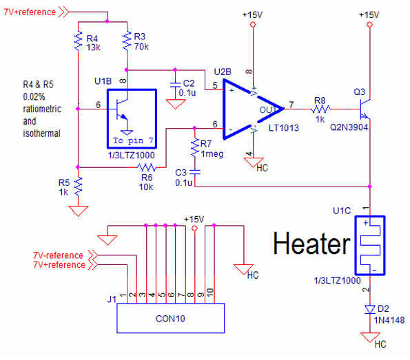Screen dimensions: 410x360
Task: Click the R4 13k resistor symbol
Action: point(78,41)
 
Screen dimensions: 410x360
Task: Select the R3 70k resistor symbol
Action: point(127,41)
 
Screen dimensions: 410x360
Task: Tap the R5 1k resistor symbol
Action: point(78,187)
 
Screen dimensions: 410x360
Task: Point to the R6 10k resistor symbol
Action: point(146,167)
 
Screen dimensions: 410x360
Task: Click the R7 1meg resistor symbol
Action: point(195,147)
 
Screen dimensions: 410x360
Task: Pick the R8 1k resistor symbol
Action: point(321,109)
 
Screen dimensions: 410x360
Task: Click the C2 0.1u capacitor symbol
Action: point(175,85)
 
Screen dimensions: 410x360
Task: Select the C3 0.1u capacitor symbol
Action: point(195,172)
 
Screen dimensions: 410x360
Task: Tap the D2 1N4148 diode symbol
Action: point(370,310)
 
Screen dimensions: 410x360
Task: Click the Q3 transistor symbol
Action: point(365,109)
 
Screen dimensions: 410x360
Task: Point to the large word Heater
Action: point(311,243)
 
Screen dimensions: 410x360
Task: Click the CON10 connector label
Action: point(170,319)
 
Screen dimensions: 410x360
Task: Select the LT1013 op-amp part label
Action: point(284,128)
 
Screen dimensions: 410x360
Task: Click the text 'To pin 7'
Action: point(133,140)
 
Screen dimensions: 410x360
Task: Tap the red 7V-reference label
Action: point(58,255)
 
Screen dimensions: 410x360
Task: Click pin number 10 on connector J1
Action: point(210,292)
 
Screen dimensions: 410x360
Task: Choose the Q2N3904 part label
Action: point(349,127)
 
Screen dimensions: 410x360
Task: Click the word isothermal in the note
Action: point(42,134)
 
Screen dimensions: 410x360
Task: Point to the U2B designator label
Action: point(223,72)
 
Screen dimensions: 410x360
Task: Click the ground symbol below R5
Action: point(78,211)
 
